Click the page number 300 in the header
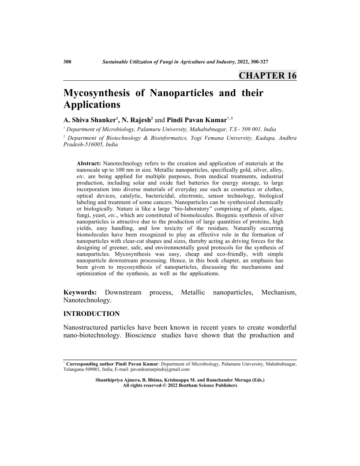tap(67, 61)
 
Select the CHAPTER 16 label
tap(267, 75)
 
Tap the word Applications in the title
tap(92, 105)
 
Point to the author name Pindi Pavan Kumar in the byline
tap(197, 119)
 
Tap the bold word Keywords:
tap(81, 293)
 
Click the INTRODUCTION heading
tap(92, 314)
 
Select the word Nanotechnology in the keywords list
tap(88, 301)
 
